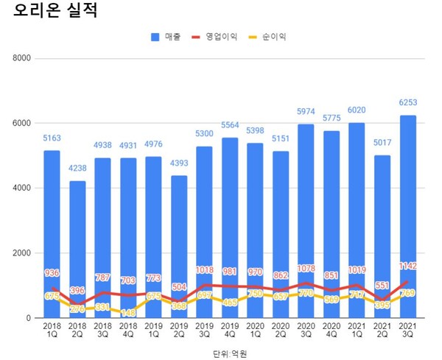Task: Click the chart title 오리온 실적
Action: [55, 13]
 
